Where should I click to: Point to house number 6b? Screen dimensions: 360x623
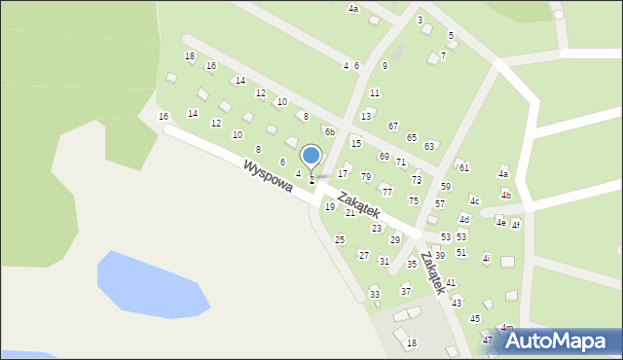pyautogui.click(x=330, y=132)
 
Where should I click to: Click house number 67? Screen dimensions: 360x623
pyautogui.click(x=393, y=126)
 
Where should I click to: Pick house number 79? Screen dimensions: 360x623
pyautogui.click(x=366, y=177)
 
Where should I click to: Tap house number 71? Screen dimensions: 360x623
pyautogui.click(x=400, y=162)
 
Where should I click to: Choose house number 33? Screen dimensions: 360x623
pyautogui.click(x=374, y=294)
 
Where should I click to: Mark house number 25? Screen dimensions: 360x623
pyautogui.click(x=340, y=239)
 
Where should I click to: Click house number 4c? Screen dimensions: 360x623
pyautogui.click(x=474, y=200)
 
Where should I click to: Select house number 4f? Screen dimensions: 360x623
pyautogui.click(x=516, y=225)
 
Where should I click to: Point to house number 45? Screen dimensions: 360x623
pyautogui.click(x=475, y=318)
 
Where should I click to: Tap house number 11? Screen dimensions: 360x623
pyautogui.click(x=375, y=92)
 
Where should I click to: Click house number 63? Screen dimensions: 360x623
pyautogui.click(x=429, y=146)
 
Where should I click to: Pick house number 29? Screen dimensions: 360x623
pyautogui.click(x=395, y=239)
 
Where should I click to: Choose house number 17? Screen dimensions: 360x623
pyautogui.click(x=343, y=173)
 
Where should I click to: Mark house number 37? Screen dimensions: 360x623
pyautogui.click(x=406, y=291)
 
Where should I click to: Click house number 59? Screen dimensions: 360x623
pyautogui.click(x=446, y=186)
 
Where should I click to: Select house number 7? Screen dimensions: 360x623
pyautogui.click(x=443, y=55)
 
